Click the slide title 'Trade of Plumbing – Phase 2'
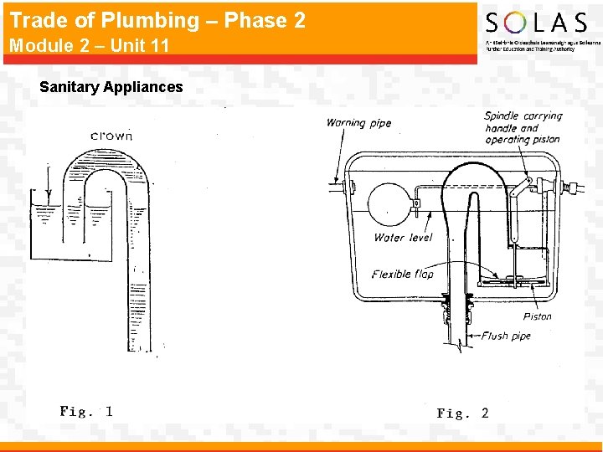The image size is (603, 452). point(157,20)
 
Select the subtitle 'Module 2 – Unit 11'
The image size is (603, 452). point(90,45)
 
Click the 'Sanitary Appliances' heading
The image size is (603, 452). point(111,86)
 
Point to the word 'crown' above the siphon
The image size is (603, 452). point(111,136)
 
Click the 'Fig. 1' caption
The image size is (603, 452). point(86,411)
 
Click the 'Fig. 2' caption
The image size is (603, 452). point(462,413)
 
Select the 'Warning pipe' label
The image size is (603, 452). point(358,123)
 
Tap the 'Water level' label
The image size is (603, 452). point(403,238)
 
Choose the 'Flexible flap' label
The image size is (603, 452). point(403,274)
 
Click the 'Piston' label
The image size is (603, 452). point(537,316)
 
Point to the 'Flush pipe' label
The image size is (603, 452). point(507,336)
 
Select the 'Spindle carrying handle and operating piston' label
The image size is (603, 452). point(523,128)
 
